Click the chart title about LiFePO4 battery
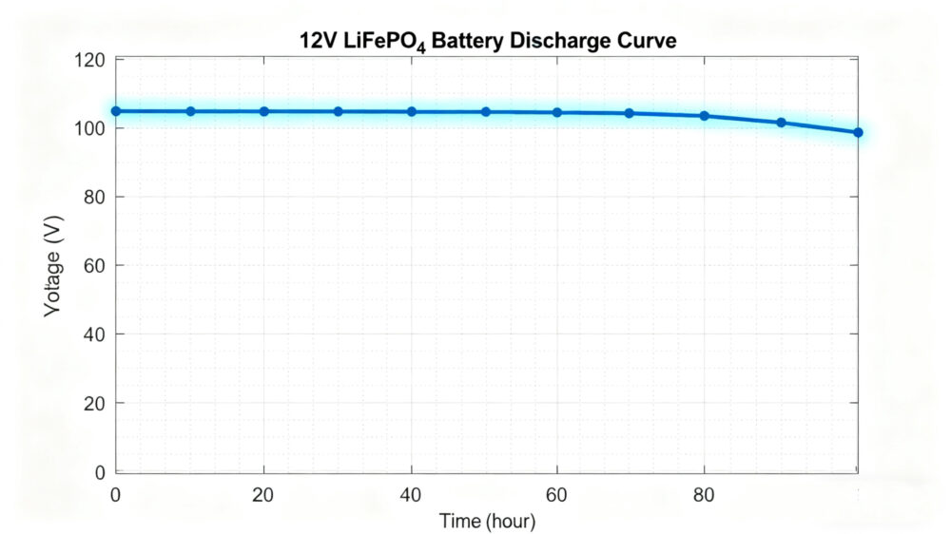tap(487, 42)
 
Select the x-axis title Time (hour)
tap(487, 521)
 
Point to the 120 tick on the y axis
tap(91, 60)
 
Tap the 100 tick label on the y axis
tap(91, 128)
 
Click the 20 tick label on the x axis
tap(263, 494)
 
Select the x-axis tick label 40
tap(412, 494)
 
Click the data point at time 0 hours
tap(116, 111)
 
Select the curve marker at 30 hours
tap(338, 111)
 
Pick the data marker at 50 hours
tap(486, 111)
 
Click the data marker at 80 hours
tap(705, 116)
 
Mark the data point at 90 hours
tap(781, 123)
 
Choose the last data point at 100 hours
tap(858, 133)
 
